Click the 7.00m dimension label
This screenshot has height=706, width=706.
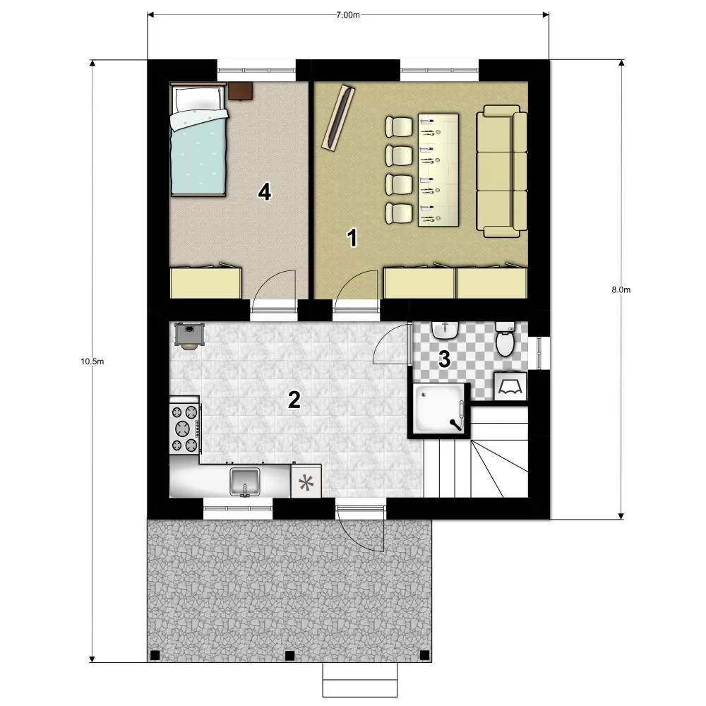tap(348, 14)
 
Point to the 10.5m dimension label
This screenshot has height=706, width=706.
tap(92, 361)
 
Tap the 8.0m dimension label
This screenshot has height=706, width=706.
tap(621, 289)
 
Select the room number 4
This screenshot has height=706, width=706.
tap(264, 192)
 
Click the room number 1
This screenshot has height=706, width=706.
tap(352, 238)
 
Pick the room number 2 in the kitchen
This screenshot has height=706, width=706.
tap(294, 400)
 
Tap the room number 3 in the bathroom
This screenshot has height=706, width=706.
tap(444, 359)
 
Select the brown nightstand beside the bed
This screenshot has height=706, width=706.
tap(240, 90)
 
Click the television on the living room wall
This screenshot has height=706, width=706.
tap(338, 117)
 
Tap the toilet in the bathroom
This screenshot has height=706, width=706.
tap(505, 340)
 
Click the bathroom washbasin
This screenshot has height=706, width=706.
tap(445, 330)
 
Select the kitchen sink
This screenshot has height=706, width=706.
tap(244, 481)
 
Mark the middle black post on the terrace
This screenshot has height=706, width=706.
tap(290, 655)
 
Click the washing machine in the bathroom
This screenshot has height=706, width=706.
tap(510, 386)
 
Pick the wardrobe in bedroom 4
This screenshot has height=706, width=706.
tap(206, 283)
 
